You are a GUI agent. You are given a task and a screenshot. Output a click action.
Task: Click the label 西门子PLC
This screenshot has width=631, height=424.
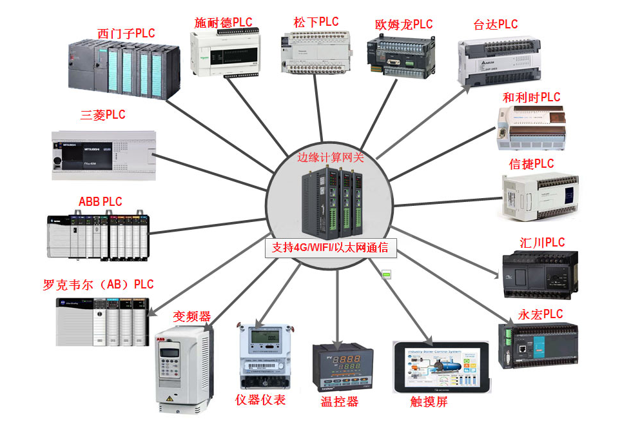click(x=126, y=33)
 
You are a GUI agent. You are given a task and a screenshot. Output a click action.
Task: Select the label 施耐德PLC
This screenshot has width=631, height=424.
click(x=223, y=23)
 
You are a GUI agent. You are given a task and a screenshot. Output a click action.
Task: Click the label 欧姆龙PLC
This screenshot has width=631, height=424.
click(x=403, y=25)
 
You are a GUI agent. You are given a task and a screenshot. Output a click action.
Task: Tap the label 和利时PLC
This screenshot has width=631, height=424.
click(x=531, y=97)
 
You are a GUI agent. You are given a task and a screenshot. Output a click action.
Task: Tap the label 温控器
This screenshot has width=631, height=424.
click(x=340, y=402)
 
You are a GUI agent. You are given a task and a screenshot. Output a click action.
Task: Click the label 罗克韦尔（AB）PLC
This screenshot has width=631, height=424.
click(x=99, y=285)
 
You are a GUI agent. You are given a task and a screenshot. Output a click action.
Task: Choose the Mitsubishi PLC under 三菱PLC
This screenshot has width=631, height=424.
click(x=103, y=155)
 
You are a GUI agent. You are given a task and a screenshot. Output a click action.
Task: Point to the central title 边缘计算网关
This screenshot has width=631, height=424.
click(x=331, y=157)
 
